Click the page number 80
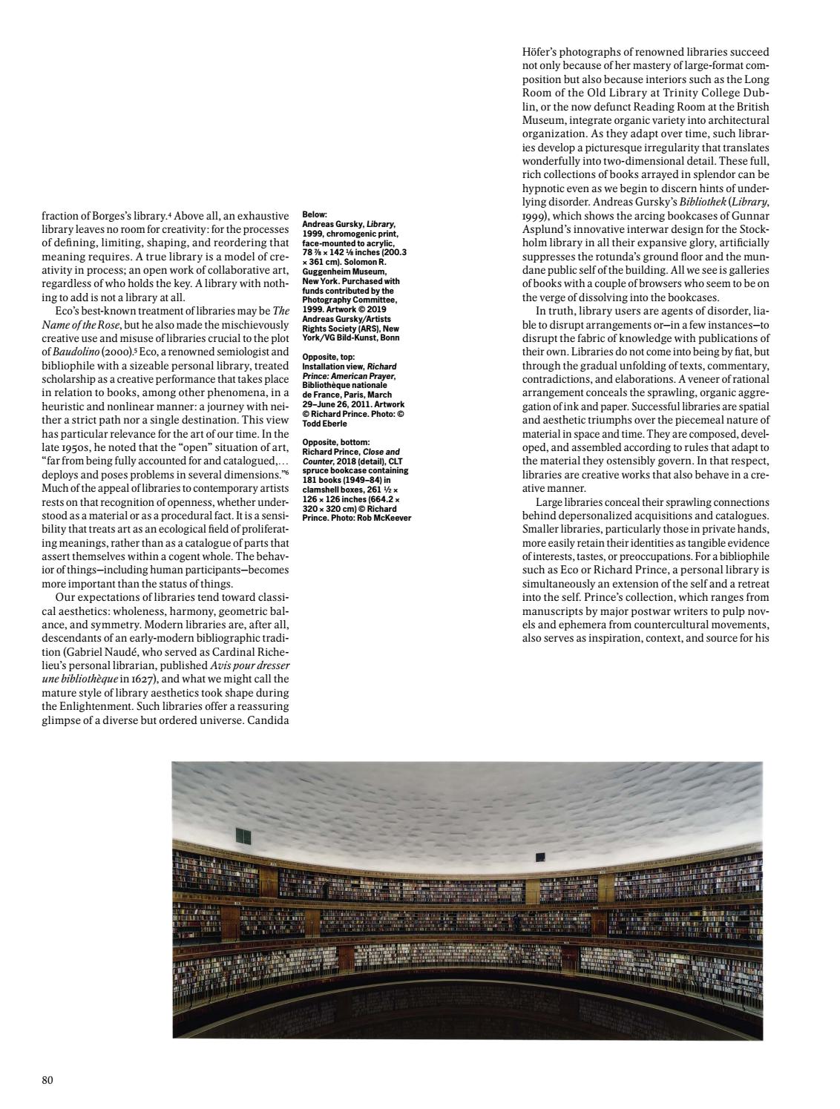pos(47,1080)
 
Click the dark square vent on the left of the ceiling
pos(242,836)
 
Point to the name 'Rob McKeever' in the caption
pos(383,517)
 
